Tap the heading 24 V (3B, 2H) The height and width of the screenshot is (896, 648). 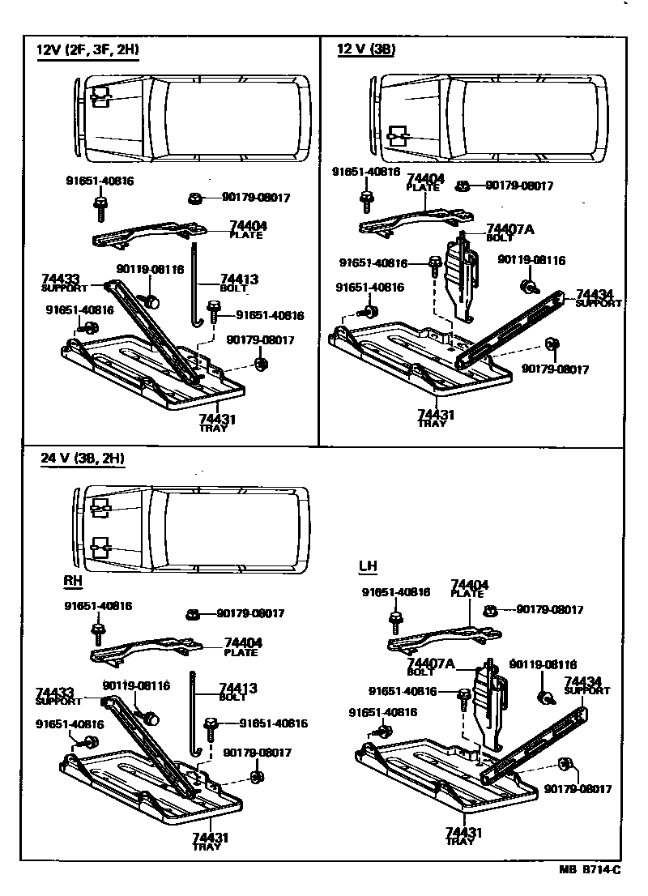pos(83,458)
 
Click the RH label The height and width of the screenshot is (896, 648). pos(72,581)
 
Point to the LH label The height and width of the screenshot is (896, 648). pos(368,565)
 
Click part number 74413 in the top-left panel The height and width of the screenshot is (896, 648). pos(239,279)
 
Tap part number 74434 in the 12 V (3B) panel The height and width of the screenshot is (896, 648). pos(595,294)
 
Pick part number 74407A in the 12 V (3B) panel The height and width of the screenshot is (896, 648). pos(510,229)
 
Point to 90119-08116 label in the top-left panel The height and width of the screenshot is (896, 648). pos(150,270)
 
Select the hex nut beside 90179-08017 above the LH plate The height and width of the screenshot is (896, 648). pos(489,609)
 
